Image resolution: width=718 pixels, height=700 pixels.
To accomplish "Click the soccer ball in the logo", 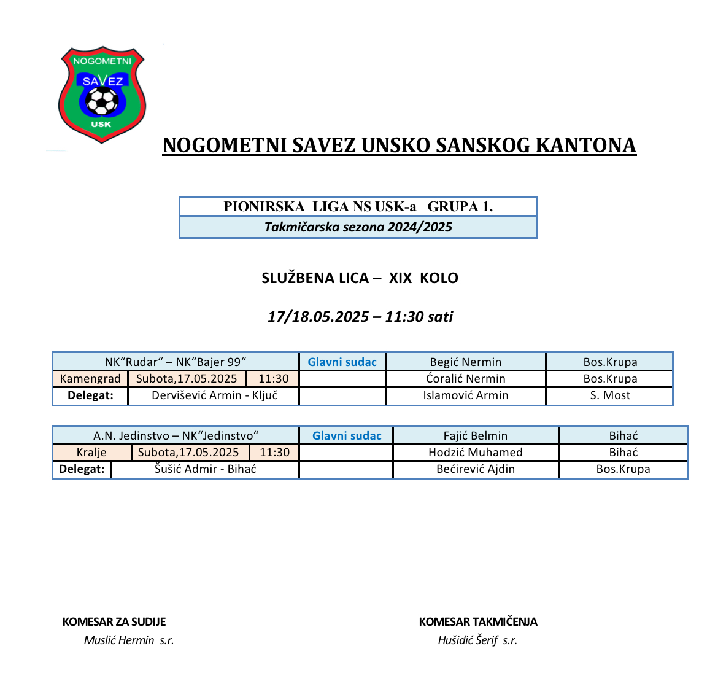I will (x=102, y=101).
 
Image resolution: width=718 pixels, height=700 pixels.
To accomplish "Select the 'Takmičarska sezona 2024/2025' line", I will (x=358, y=227).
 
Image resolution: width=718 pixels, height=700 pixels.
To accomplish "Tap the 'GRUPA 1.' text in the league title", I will (x=460, y=207).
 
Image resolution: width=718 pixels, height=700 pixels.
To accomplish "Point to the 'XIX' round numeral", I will (x=400, y=278).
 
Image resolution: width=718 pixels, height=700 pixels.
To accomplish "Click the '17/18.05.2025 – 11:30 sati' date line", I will (x=360, y=317).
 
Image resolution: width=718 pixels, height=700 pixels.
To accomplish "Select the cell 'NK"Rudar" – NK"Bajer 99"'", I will (x=176, y=362).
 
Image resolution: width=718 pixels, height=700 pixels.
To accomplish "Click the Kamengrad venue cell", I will (x=90, y=379).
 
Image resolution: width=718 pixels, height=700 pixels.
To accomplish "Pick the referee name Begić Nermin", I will (x=465, y=362).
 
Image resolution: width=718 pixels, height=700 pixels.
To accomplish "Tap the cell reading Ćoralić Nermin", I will (x=465, y=379).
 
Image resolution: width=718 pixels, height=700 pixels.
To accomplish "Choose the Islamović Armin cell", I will (x=465, y=395).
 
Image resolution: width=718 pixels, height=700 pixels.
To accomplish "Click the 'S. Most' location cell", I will (x=610, y=395).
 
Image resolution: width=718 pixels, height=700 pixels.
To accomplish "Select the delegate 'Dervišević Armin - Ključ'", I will (x=214, y=395).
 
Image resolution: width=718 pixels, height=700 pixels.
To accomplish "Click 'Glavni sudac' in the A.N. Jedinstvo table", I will (x=347, y=436).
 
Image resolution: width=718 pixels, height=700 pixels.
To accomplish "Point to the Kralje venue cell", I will (x=91, y=453).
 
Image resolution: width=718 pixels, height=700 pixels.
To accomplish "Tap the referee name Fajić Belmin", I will (x=476, y=436).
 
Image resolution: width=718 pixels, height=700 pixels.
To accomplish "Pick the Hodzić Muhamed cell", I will (x=476, y=453).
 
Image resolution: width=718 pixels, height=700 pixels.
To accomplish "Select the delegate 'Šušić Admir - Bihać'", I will (x=205, y=469).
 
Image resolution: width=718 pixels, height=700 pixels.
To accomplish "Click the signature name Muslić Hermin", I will (x=119, y=640).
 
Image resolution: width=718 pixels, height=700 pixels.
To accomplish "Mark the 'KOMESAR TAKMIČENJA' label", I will (x=478, y=622).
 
